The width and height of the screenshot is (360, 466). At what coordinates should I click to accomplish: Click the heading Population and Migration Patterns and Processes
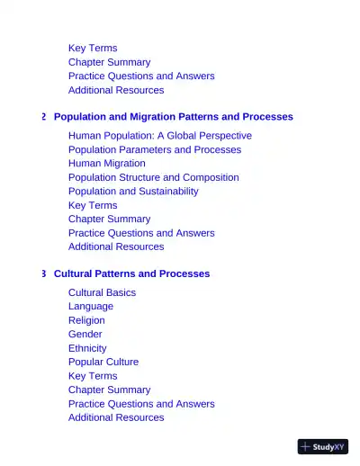pyautogui.click(x=173, y=117)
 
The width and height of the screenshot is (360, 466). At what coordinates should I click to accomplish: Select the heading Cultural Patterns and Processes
pyautogui.click(x=131, y=273)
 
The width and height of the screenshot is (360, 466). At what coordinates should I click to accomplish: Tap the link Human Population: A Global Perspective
pyautogui.click(x=159, y=136)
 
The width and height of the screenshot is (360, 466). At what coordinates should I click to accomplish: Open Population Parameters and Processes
pyautogui.click(x=154, y=149)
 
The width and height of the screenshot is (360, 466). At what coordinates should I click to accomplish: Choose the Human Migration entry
pyautogui.click(x=106, y=164)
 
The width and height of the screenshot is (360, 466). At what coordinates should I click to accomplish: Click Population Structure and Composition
pyautogui.click(x=153, y=177)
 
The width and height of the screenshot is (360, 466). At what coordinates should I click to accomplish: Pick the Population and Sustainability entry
pyautogui.click(x=133, y=192)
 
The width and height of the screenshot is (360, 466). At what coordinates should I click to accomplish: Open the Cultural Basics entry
pyautogui.click(x=102, y=292)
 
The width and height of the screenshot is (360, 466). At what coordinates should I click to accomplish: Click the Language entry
pyautogui.click(x=90, y=306)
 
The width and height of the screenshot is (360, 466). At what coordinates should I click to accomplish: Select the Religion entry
pyautogui.click(x=86, y=320)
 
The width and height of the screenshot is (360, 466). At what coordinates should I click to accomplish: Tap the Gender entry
pyautogui.click(x=85, y=334)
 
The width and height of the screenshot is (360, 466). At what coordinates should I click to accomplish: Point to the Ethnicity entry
pyautogui.click(x=87, y=348)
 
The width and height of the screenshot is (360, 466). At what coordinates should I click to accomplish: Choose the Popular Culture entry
pyautogui.click(x=103, y=362)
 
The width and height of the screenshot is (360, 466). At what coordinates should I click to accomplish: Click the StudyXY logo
pyautogui.click(x=322, y=446)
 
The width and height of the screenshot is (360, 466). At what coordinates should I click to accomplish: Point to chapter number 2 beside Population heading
pyautogui.click(x=43, y=117)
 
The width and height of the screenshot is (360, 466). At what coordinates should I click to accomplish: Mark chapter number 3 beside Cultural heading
pyautogui.click(x=43, y=273)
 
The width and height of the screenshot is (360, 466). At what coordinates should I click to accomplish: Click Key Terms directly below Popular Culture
pyautogui.click(x=93, y=376)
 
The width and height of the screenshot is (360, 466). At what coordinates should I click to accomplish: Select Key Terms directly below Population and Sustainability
pyautogui.click(x=93, y=205)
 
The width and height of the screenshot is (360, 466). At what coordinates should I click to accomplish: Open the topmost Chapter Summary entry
pyautogui.click(x=109, y=62)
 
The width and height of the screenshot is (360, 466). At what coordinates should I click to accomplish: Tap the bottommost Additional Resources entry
pyautogui.click(x=116, y=417)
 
